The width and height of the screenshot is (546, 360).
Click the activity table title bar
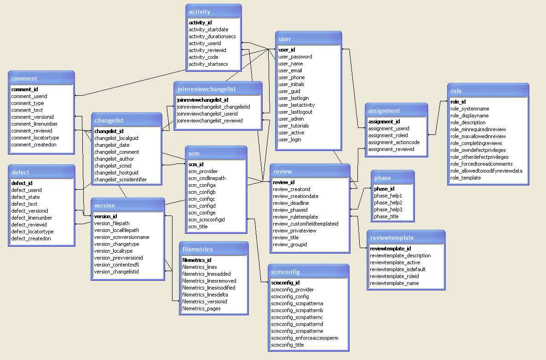213,12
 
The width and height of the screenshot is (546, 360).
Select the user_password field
295,57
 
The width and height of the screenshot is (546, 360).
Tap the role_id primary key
458,102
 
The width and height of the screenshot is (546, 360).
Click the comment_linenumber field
34,124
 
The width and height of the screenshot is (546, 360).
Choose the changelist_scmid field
113,166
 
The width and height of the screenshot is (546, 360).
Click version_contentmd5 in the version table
117,265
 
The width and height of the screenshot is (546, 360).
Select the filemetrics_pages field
201,308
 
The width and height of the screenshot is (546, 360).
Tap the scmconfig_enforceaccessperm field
305,338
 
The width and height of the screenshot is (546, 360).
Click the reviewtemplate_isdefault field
398,269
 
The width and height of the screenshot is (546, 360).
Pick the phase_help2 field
388,203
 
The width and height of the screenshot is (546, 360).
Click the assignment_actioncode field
394,142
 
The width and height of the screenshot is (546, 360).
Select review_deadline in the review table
291,203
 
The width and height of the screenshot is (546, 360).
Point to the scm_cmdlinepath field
207,178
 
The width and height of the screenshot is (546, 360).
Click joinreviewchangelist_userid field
207,114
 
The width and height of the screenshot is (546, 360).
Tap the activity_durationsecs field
213,36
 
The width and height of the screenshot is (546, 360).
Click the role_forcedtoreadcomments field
482,164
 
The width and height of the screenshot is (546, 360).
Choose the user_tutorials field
293,126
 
